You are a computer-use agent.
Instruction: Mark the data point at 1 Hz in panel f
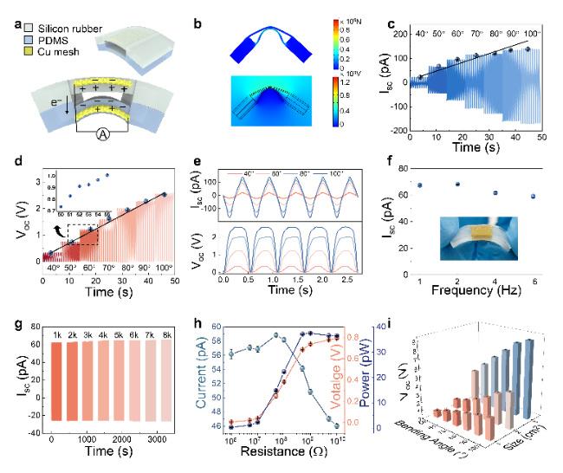point(420,185)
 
